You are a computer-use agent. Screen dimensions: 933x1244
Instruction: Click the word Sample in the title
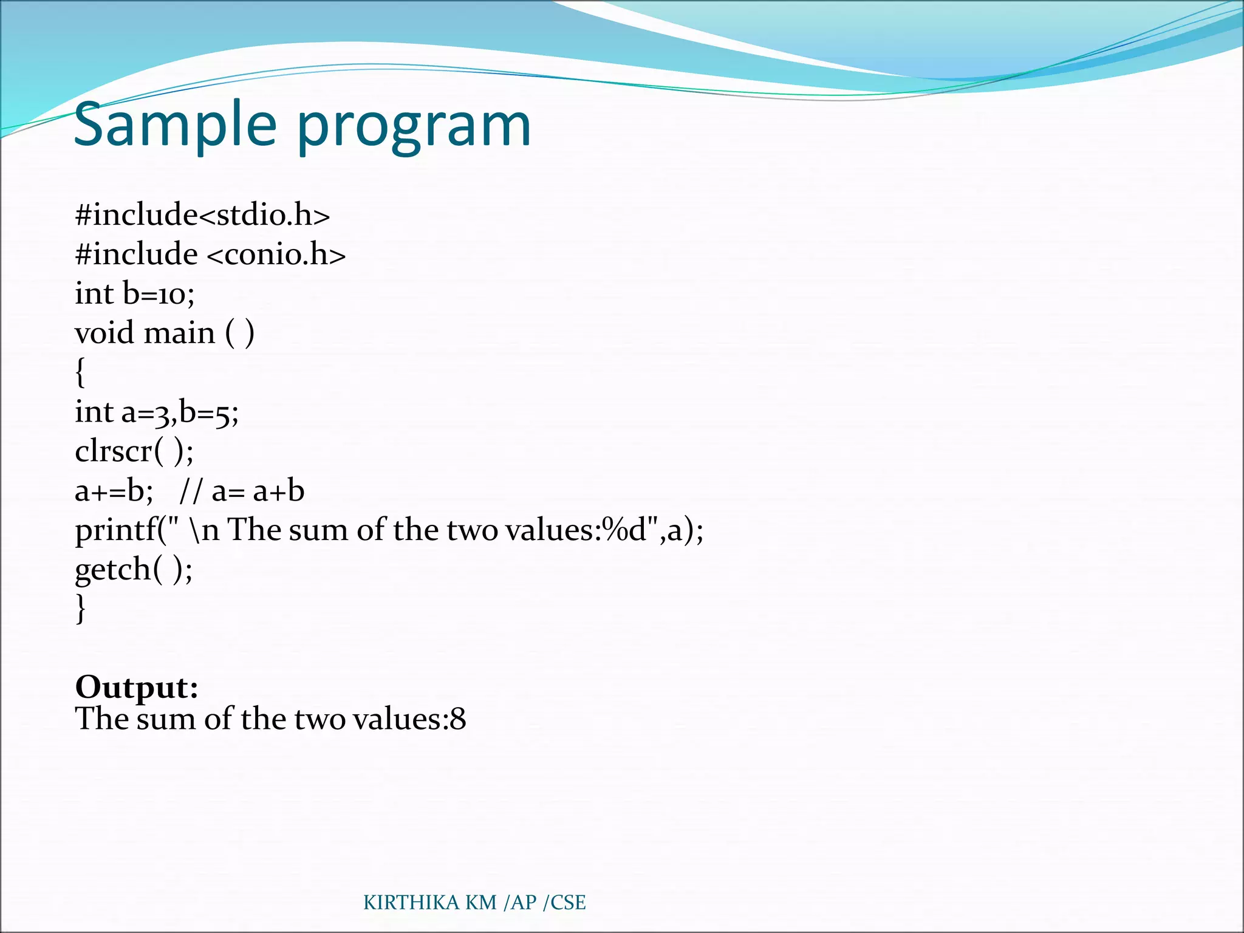click(x=175, y=125)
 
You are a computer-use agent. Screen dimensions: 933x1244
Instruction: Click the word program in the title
click(x=414, y=128)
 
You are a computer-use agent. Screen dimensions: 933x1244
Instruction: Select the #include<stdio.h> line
click(x=202, y=215)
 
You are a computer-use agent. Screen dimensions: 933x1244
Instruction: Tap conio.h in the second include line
click(x=276, y=254)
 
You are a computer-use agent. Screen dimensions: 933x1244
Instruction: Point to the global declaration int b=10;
click(x=134, y=294)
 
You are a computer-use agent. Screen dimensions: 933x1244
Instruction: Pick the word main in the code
click(x=180, y=333)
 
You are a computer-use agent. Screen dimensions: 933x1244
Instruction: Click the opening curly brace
click(x=80, y=372)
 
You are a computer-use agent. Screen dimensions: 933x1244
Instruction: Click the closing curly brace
click(x=80, y=607)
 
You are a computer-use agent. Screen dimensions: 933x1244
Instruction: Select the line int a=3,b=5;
click(x=157, y=412)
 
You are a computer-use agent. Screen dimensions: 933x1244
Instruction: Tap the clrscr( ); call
click(x=134, y=451)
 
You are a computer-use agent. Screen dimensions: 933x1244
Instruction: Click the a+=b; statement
click(x=114, y=491)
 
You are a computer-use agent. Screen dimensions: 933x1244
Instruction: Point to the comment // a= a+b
click(x=242, y=491)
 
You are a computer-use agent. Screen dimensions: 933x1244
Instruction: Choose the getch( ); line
click(x=134, y=570)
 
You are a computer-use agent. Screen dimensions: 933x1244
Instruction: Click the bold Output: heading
click(x=137, y=687)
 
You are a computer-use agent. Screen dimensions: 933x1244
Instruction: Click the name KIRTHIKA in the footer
click(x=411, y=903)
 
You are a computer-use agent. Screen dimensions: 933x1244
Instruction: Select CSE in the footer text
click(x=567, y=903)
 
